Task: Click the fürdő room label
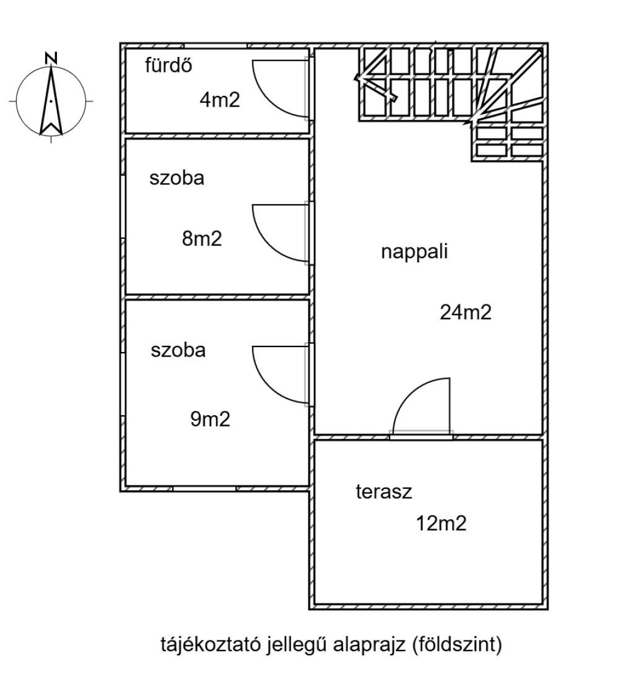tap(168, 66)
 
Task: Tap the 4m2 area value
tap(220, 100)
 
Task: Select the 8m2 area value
tap(202, 239)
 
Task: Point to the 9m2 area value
tap(210, 419)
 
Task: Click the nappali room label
tap(415, 253)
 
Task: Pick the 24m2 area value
tap(466, 313)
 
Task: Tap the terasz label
tap(384, 492)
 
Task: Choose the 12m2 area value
tap(441, 524)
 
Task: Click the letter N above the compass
tap(51, 58)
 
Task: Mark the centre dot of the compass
tap(51, 101)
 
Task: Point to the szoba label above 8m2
tap(177, 178)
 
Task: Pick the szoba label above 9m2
tap(178, 350)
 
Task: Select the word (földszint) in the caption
tap(457, 644)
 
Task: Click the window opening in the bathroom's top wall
tap(215, 46)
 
